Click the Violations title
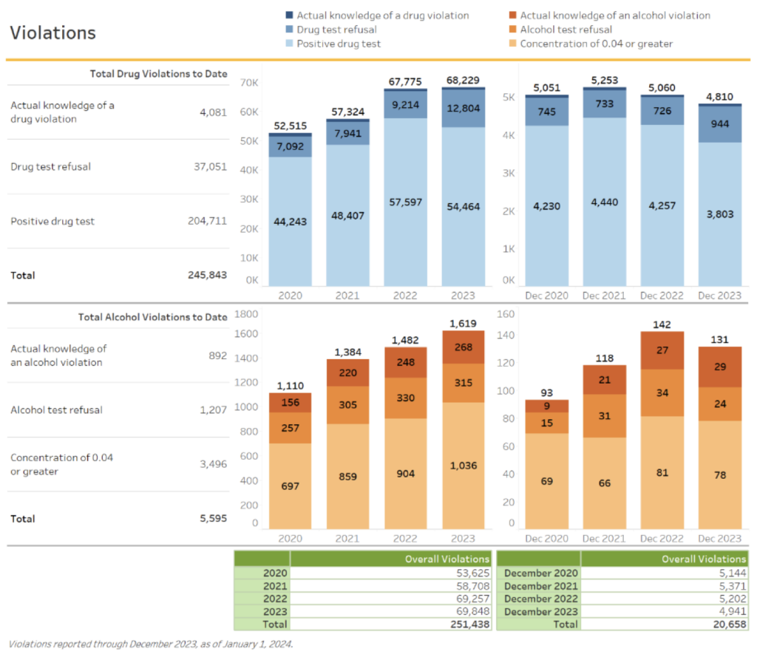coord(52,33)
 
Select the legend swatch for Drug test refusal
coord(290,30)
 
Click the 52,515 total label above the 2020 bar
coord(290,126)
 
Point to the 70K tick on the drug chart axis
coord(250,83)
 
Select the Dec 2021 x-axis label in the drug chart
coord(605,296)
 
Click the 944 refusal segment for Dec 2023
coord(719,123)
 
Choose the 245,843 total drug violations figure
coord(207,275)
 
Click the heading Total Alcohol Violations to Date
coord(152,317)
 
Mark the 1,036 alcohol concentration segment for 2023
coord(463,466)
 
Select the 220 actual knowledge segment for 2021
coord(347,373)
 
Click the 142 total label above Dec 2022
coord(662,324)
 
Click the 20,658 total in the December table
coord(731,624)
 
